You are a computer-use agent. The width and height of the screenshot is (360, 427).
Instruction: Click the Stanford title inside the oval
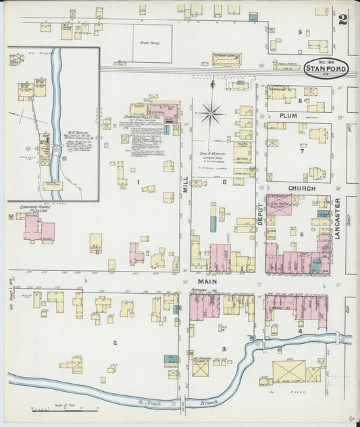(326, 68)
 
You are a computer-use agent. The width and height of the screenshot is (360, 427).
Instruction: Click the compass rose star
(211, 112)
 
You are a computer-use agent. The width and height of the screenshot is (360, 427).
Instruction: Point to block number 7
(302, 151)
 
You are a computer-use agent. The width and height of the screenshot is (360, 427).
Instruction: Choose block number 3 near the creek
(233, 348)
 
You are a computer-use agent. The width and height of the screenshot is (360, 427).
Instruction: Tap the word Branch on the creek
(210, 403)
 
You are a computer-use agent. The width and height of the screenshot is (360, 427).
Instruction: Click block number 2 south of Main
(115, 343)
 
